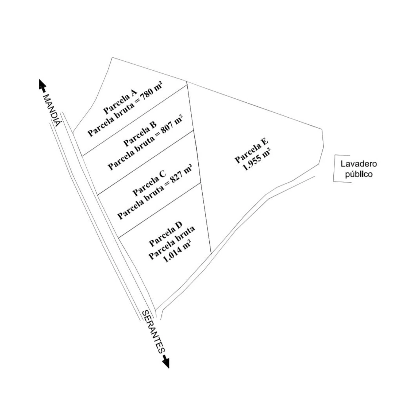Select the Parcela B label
pyautogui.click(x=140, y=133)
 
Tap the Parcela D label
pyautogui.click(x=165, y=234)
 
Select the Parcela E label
pyautogui.click(x=251, y=151)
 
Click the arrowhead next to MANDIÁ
pyautogui.click(x=42, y=85)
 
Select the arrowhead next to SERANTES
pyautogui.click(x=166, y=362)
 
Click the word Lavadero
pyautogui.click(x=358, y=164)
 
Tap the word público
pyautogui.click(x=358, y=174)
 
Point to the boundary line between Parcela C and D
pyautogui.click(x=159, y=210)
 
